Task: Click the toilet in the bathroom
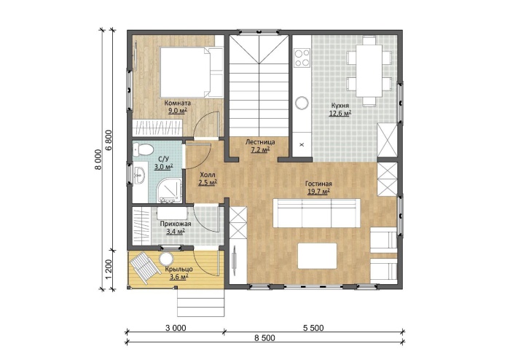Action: [x=144, y=149]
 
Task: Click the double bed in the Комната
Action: [x=191, y=72]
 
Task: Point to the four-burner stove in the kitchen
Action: [x=302, y=58]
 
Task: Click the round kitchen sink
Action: [x=302, y=103]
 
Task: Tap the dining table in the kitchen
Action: [x=369, y=71]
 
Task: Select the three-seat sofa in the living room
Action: [x=316, y=214]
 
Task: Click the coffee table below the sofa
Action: [x=317, y=256]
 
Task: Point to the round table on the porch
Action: [x=166, y=259]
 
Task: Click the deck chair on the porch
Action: [x=144, y=267]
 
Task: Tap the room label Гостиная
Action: [x=318, y=184]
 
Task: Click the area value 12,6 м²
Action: [x=340, y=113]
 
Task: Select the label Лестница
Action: [x=260, y=142]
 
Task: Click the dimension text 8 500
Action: [x=264, y=338]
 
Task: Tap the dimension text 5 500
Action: [x=313, y=328]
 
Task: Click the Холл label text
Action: [x=208, y=175]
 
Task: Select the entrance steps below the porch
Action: [x=200, y=302]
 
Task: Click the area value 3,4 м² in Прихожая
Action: [x=176, y=231]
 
